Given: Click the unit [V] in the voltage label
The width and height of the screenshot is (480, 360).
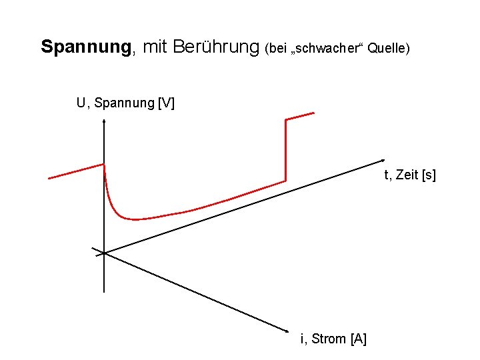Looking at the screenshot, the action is tap(166, 103).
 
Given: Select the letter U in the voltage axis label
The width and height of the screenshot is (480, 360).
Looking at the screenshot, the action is tap(81, 103).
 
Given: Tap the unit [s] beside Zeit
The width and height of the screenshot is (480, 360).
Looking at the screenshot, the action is tap(429, 175).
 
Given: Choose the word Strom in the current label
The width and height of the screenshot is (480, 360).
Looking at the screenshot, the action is tap(328, 339).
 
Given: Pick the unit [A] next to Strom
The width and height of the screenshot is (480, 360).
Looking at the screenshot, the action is tap(358, 339).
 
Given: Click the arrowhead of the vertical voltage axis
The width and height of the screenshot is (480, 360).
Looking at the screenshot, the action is tap(104, 121).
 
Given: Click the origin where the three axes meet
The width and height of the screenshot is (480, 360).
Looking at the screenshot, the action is tap(105, 253).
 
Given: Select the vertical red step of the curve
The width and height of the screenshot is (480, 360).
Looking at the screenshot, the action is tap(285, 150).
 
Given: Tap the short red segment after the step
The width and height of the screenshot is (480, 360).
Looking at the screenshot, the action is tap(299, 117).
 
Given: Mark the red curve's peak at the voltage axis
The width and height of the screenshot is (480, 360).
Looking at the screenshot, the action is tap(104, 165).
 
